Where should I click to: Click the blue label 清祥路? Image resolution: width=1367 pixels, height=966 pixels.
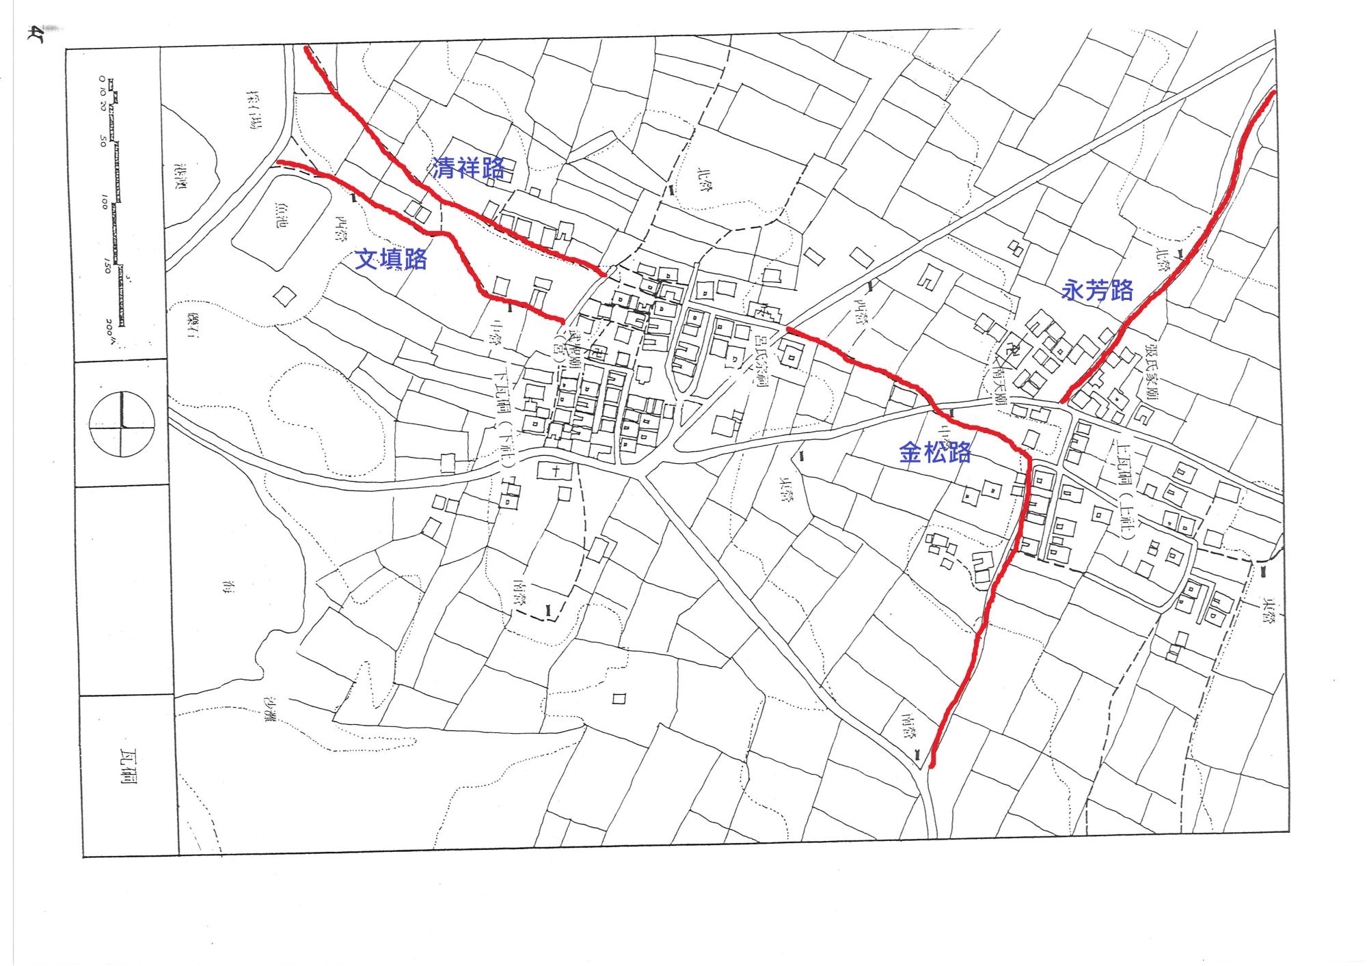pos(469,167)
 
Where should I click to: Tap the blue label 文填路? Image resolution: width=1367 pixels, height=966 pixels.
pos(391,260)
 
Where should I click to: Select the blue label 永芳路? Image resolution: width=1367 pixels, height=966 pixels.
pos(1097,290)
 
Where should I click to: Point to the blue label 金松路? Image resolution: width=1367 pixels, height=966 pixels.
pos(934,452)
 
